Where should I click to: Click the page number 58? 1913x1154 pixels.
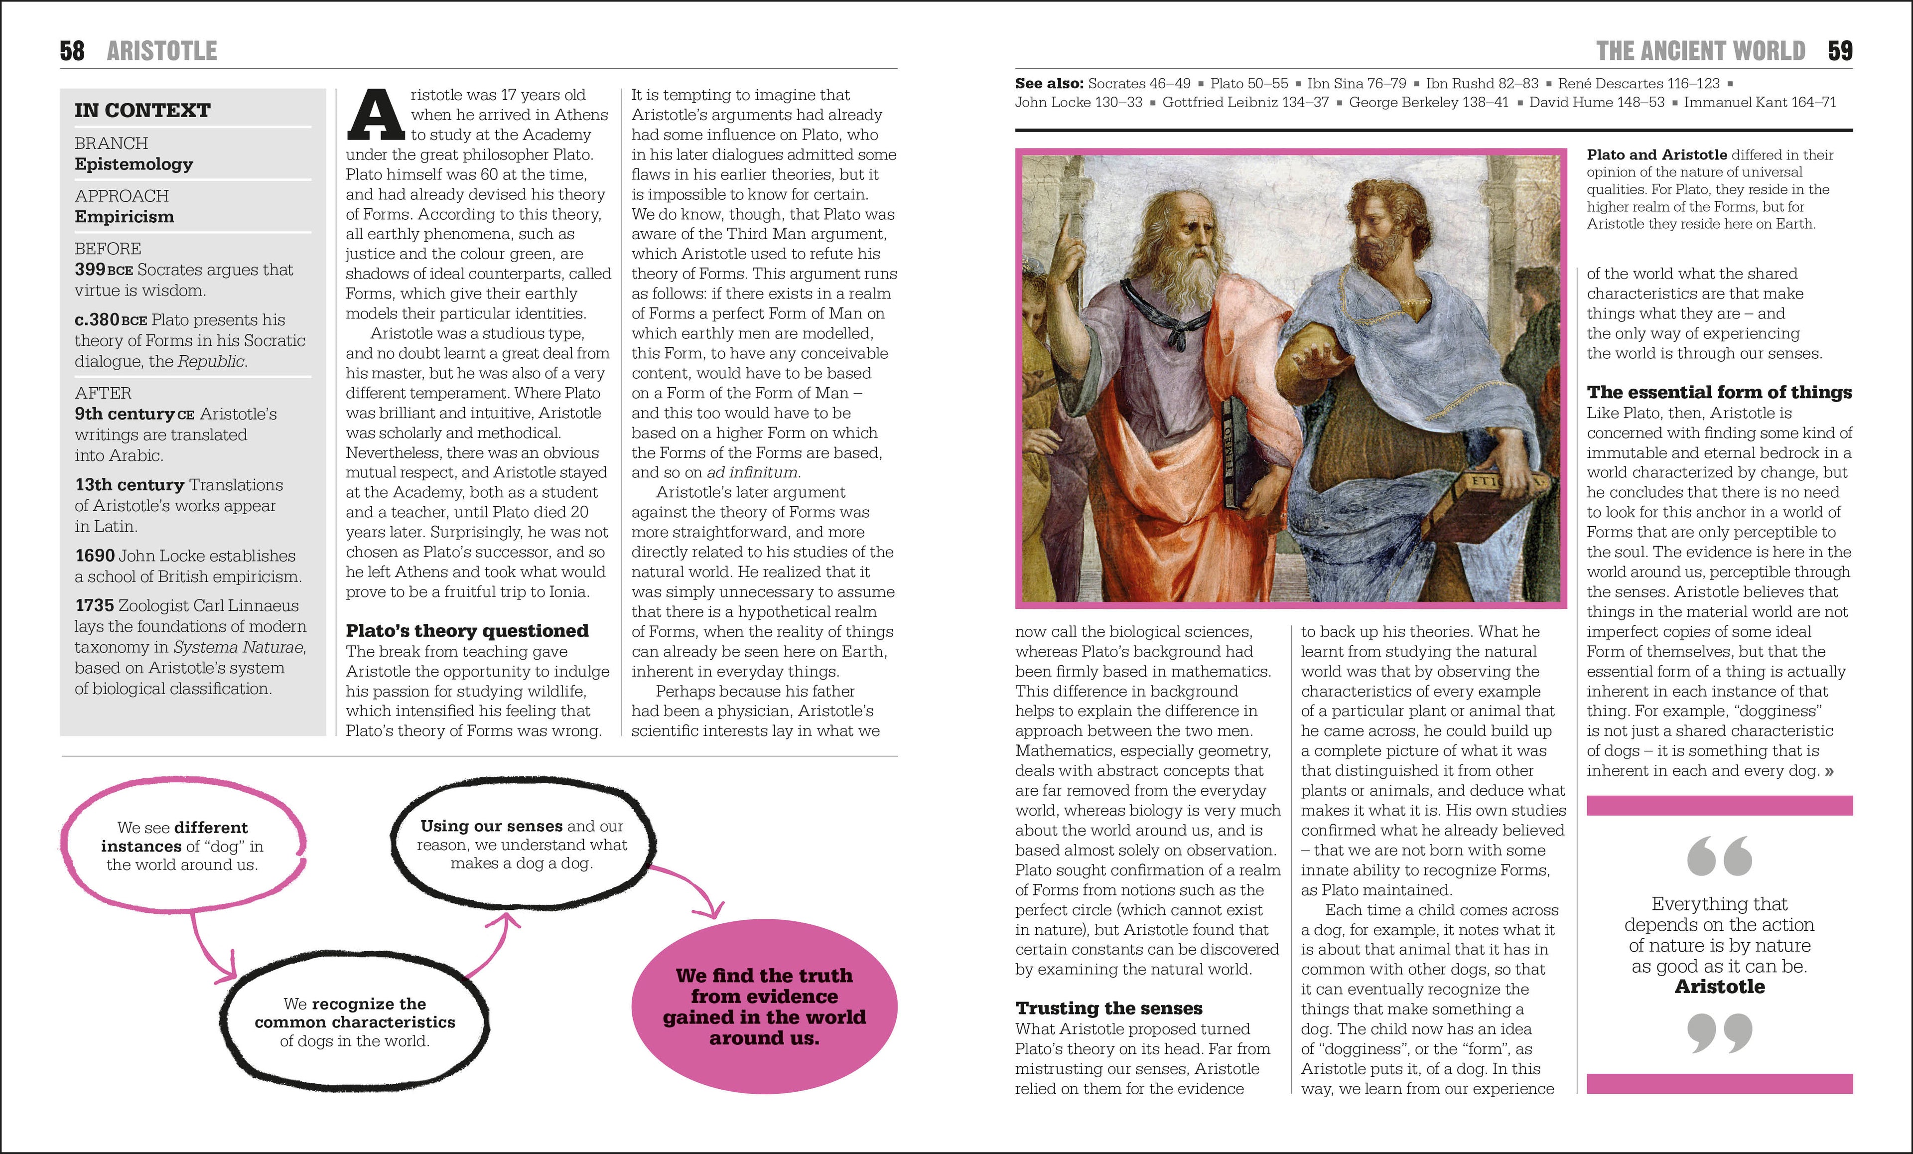pos(71,51)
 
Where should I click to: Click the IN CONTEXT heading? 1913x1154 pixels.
pos(142,110)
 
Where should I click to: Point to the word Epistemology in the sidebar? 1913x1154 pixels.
pos(134,164)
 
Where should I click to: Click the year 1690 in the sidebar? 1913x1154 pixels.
pos(94,555)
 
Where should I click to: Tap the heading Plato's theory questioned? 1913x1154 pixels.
pos(467,631)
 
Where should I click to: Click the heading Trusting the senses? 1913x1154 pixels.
pos(1108,1008)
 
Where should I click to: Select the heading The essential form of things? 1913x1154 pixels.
pos(1719,392)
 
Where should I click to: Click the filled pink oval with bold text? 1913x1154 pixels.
pos(764,1007)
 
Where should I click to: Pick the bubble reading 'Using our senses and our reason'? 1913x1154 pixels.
pos(522,844)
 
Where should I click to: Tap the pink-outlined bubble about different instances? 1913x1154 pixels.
pos(182,846)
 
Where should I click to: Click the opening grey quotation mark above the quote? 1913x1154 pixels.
pos(1719,856)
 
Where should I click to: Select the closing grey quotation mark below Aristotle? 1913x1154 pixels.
pos(1719,1033)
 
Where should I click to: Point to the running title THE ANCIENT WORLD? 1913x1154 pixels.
pos(1700,51)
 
